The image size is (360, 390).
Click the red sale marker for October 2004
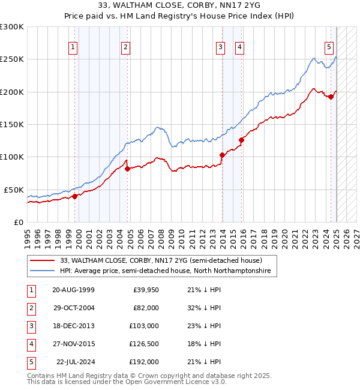127,169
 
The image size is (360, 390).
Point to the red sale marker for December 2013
222,155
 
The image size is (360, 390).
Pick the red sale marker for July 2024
331,97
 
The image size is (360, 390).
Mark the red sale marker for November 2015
241,140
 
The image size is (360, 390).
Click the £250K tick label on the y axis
12,59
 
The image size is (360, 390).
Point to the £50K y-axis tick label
14,190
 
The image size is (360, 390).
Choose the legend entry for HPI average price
165,271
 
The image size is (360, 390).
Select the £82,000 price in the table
145,308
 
